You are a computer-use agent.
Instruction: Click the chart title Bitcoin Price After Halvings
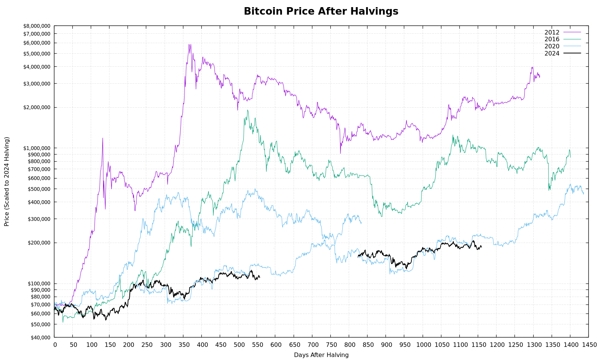coord(321,12)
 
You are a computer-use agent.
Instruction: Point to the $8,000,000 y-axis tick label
coord(37,26)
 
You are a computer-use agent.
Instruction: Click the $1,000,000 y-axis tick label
coord(37,148)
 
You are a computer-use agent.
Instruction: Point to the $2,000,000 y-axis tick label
coord(37,108)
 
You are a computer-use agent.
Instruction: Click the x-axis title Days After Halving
coord(321,355)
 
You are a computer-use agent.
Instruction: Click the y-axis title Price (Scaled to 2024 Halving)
coord(7,181)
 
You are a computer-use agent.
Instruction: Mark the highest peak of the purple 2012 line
coord(189,44)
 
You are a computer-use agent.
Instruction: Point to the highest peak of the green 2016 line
coord(247,110)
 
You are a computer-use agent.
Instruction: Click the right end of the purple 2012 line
coord(540,76)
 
